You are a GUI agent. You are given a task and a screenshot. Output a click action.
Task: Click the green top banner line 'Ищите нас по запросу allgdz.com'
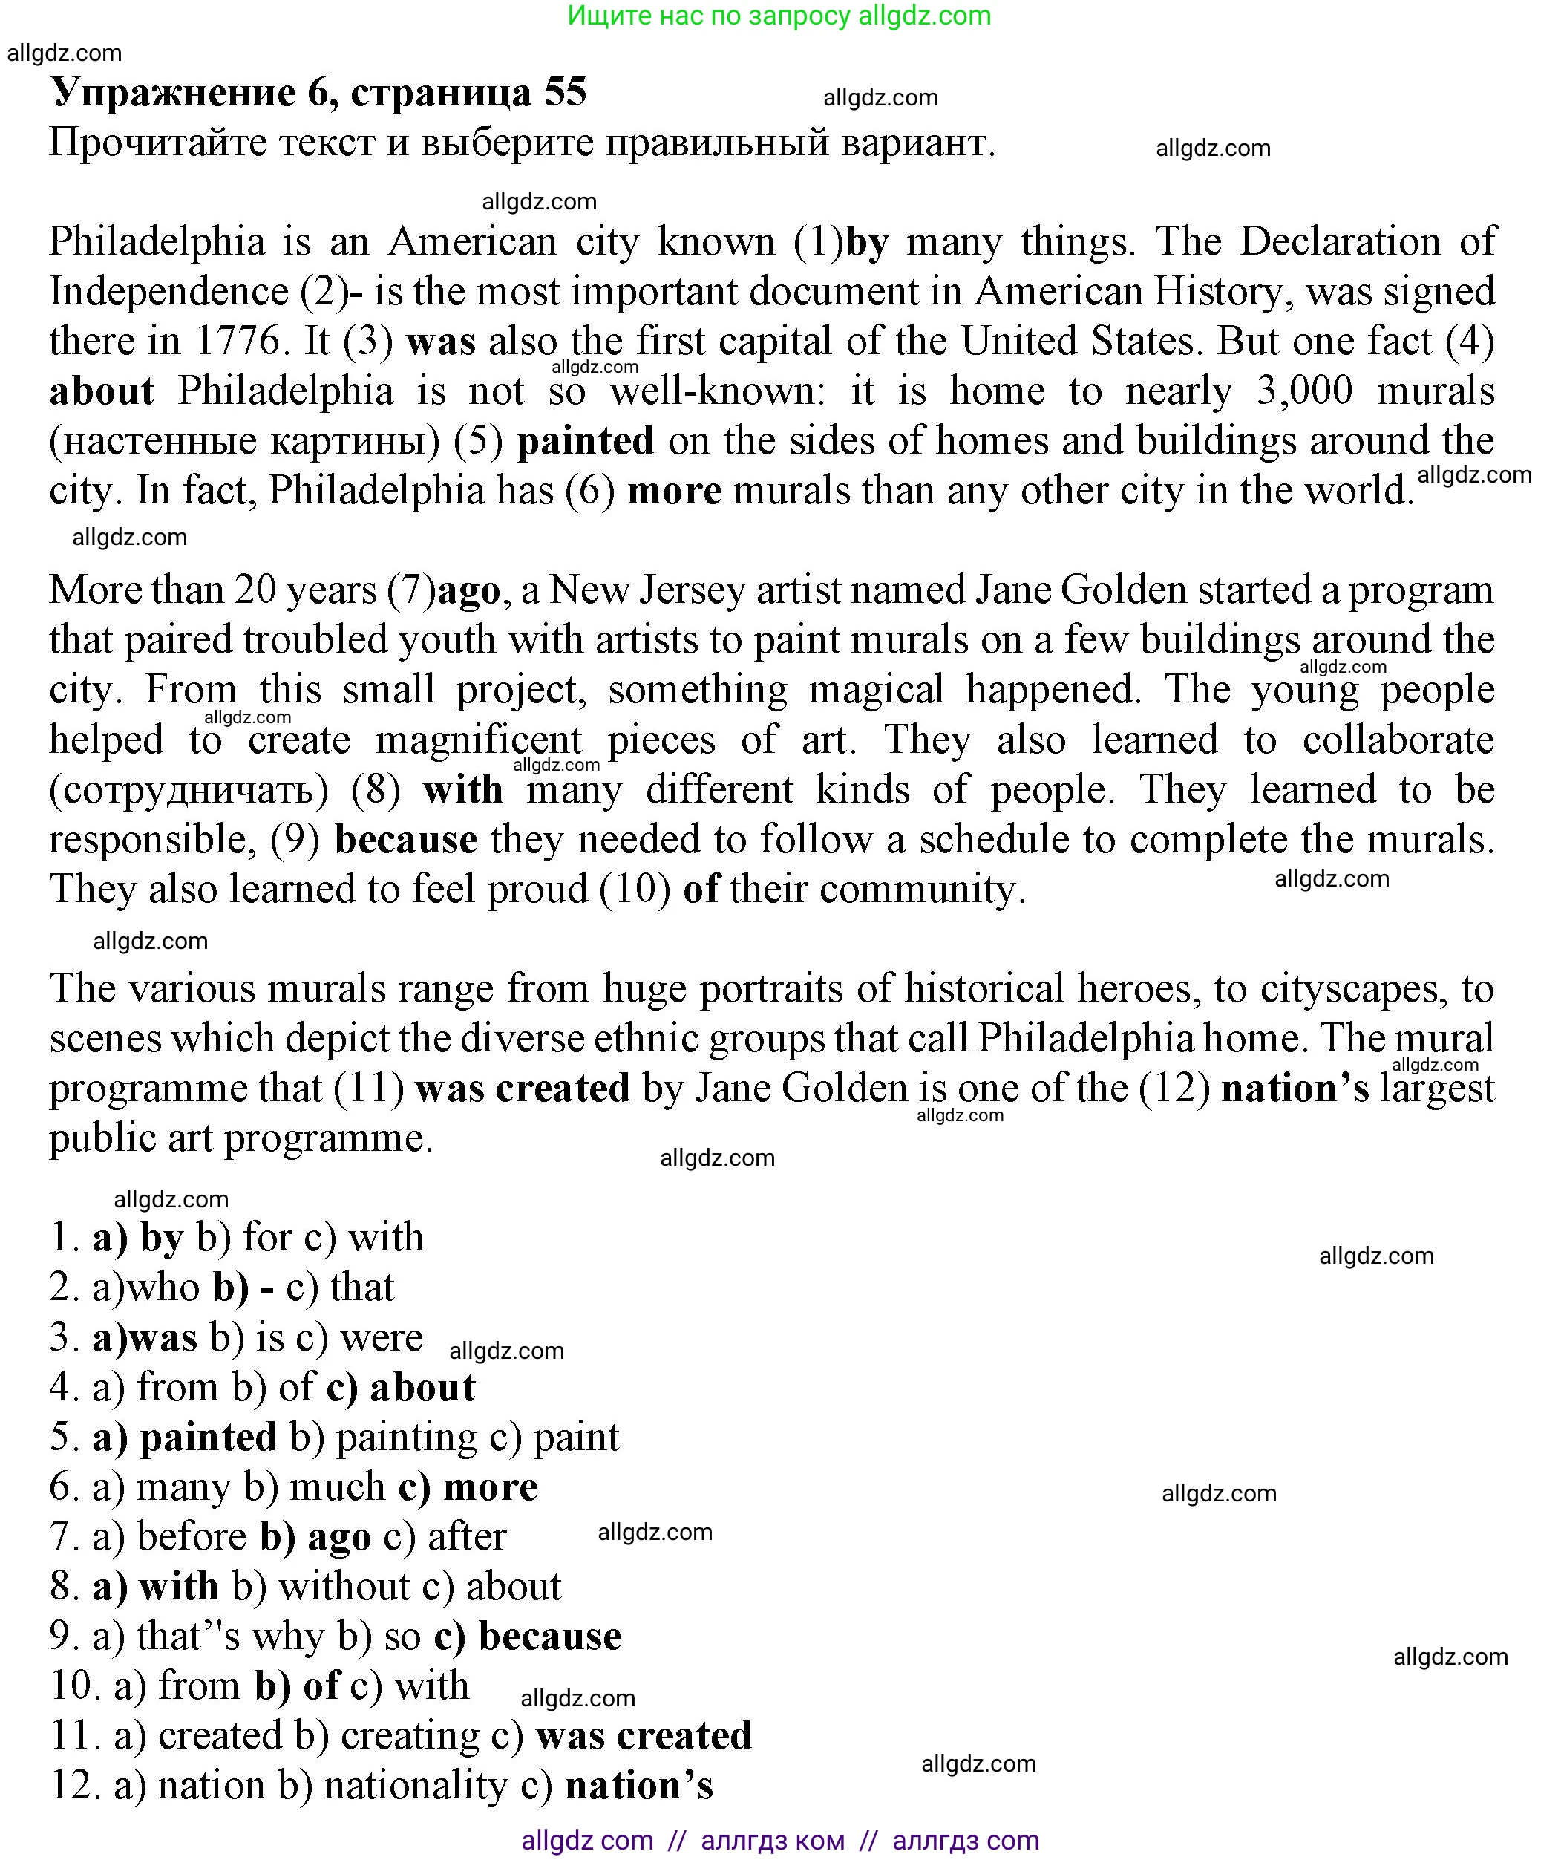(779, 16)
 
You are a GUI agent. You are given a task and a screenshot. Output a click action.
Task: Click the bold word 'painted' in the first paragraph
(585, 441)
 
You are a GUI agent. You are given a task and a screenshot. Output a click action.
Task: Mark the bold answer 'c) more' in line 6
(468, 1487)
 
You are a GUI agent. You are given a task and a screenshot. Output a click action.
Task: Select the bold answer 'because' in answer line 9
(550, 1636)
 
